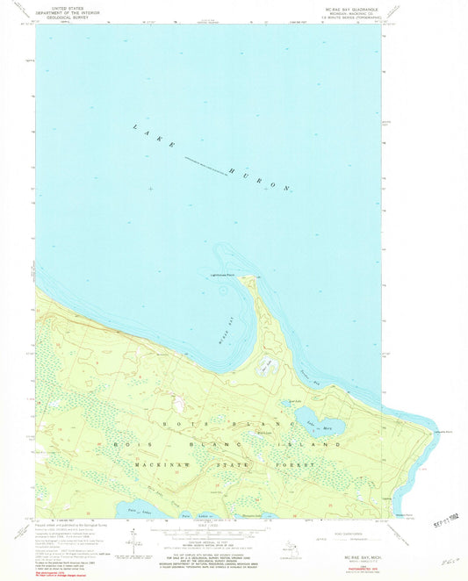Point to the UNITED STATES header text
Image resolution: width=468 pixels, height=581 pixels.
(61, 8)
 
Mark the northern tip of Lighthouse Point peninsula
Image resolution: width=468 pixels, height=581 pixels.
(250, 278)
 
